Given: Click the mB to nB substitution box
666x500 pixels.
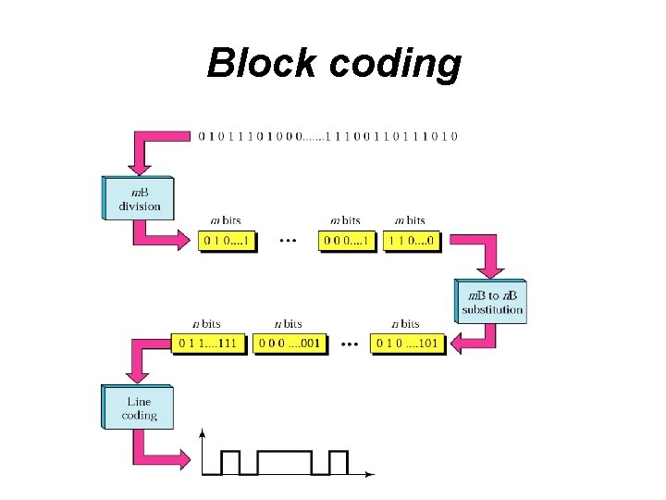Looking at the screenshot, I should pos(491,301).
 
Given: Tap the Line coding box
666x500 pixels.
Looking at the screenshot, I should pos(138,407).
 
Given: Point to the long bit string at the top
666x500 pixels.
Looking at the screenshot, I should pos(327,136).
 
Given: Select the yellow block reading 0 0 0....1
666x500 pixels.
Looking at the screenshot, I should pos(349,241).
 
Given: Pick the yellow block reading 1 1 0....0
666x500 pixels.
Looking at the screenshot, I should pos(410,241).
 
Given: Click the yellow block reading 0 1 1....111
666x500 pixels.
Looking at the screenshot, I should pos(208,344).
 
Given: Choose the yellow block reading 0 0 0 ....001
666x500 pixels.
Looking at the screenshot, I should pos(290,344).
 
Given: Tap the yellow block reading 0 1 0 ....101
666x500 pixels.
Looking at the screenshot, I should pos(407,344).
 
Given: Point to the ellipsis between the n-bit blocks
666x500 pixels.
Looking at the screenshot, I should pos(350,344).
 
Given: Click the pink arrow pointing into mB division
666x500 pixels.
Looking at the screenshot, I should pos(140,157).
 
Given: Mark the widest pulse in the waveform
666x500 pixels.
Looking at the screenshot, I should pos(286,462).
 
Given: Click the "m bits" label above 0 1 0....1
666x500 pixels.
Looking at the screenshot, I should pos(226,220).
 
